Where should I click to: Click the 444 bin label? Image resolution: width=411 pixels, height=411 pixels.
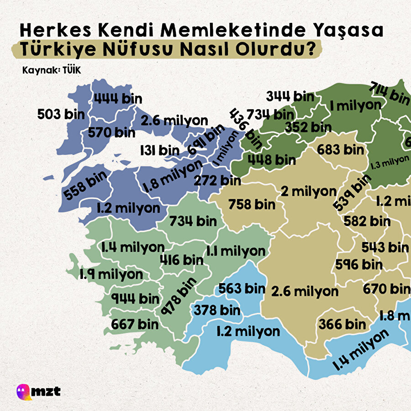click(x=117, y=98)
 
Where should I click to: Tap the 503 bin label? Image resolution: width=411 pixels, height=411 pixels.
click(x=61, y=114)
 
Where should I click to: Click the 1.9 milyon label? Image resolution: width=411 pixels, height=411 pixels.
click(x=111, y=274)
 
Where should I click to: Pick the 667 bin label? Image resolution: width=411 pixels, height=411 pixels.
click(x=135, y=324)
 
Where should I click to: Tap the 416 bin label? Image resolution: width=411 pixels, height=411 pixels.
click(x=181, y=259)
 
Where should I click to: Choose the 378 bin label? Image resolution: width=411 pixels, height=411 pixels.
click(x=217, y=310)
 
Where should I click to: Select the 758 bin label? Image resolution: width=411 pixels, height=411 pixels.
click(x=252, y=204)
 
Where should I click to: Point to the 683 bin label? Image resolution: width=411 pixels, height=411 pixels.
click(x=340, y=149)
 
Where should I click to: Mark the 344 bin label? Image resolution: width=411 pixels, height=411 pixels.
click(x=290, y=96)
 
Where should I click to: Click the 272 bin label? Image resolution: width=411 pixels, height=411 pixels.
click(x=217, y=180)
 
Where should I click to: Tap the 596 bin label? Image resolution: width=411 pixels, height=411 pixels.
click(x=358, y=264)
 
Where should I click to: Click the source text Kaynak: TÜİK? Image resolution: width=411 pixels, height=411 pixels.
click(x=48, y=71)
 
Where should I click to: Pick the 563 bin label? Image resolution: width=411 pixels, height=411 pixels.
click(x=242, y=289)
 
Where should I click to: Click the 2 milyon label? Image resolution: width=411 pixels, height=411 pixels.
click(x=308, y=191)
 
